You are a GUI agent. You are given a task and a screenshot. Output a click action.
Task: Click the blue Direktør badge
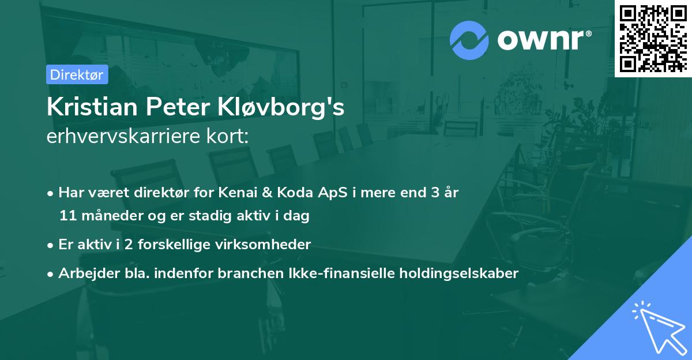77,74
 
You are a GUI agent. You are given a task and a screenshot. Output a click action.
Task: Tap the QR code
653,39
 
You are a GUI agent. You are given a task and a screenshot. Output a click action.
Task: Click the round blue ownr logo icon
469,40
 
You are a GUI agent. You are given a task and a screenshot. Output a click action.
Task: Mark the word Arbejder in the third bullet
84,273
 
